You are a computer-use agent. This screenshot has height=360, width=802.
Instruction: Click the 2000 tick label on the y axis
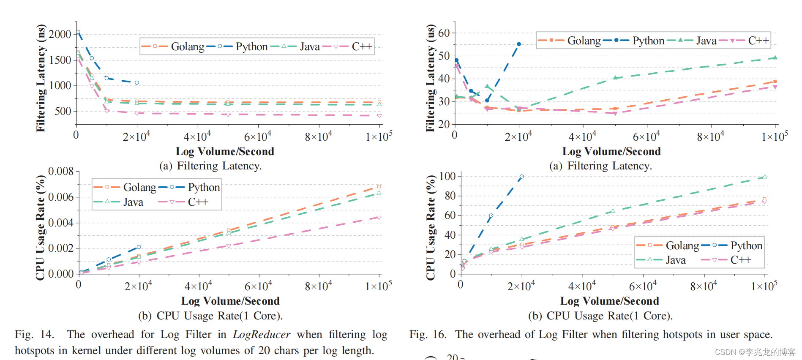(60, 34)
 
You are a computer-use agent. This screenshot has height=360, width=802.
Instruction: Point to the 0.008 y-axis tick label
(61, 172)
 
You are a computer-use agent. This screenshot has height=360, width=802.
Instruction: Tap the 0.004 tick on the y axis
(61, 223)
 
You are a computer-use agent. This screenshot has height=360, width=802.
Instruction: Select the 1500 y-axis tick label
(60, 60)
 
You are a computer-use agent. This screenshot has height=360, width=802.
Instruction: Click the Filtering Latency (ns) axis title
(41, 78)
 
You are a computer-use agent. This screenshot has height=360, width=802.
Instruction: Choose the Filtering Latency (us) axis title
(430, 78)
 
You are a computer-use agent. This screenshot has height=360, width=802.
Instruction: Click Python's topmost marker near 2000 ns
(78, 33)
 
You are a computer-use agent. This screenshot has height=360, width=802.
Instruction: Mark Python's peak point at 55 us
(519, 44)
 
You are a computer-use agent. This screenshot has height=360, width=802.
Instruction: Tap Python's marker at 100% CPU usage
(521, 177)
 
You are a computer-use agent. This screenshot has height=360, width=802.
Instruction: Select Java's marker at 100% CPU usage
(764, 177)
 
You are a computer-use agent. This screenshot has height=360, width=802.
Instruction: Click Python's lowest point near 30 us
(487, 101)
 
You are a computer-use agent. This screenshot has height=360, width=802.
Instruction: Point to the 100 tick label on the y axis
(447, 176)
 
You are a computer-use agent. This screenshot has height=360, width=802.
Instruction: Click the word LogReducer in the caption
(262, 335)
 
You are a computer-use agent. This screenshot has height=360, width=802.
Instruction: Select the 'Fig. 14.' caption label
(34, 335)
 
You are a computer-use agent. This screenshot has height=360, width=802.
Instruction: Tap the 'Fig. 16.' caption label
(428, 335)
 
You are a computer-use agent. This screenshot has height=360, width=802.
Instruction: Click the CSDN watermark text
(755, 352)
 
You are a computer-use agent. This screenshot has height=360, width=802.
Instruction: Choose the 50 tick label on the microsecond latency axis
(444, 56)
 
